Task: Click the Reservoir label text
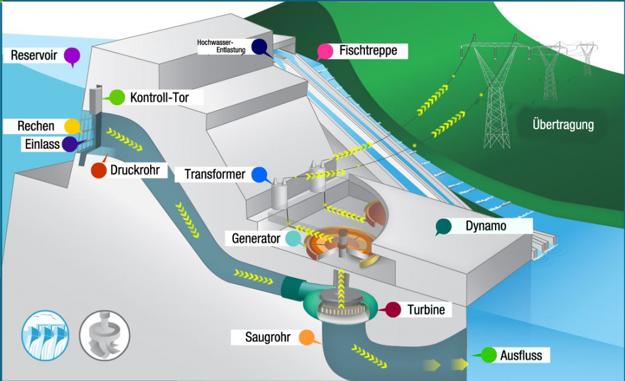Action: tap(34, 55)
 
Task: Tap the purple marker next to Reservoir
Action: tap(72, 56)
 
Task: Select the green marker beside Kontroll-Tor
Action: tap(117, 98)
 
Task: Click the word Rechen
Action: tap(36, 126)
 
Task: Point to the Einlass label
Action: tap(42, 144)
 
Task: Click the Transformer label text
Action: tap(215, 174)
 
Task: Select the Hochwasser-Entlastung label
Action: tap(221, 46)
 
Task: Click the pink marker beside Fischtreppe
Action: tap(325, 52)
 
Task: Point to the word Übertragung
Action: tap(563, 124)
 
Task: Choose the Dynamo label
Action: tap(486, 226)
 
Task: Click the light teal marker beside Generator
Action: tap(294, 238)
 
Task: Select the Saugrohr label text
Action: tap(268, 337)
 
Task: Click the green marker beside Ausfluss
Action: tap(488, 355)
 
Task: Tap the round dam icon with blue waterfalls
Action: tap(45, 335)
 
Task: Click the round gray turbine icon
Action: tap(104, 335)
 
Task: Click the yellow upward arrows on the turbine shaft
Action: tap(341, 290)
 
